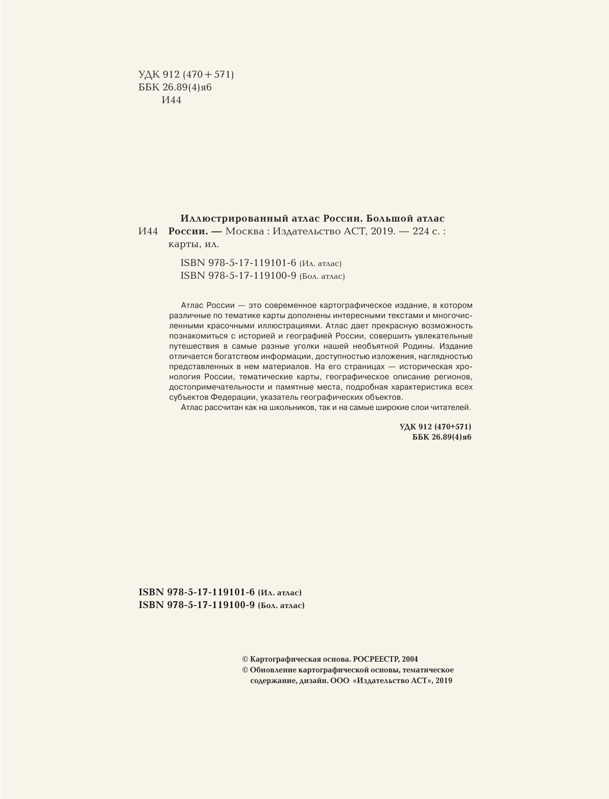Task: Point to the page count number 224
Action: (414, 231)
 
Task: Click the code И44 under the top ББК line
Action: (171, 100)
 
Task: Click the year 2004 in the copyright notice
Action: (410, 659)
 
